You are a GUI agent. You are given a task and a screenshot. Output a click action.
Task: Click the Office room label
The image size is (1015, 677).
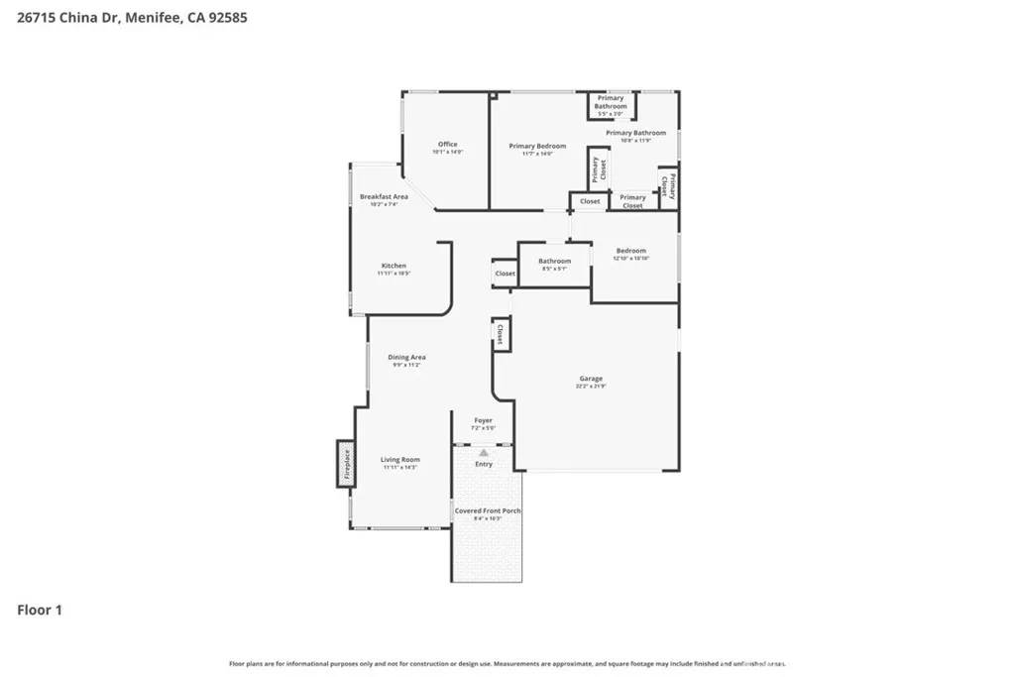point(447,145)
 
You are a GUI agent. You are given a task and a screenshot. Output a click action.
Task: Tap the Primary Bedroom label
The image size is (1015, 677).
point(537,147)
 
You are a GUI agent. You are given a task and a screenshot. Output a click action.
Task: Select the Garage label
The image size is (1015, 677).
point(591,379)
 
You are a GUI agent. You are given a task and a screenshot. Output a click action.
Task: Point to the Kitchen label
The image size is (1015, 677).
point(394,266)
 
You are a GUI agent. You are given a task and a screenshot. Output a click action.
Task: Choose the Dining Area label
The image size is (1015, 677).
point(406,358)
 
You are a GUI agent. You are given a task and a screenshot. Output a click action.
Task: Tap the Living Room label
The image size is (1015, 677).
point(400,460)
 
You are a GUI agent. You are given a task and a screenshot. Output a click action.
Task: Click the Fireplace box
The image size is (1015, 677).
point(346,464)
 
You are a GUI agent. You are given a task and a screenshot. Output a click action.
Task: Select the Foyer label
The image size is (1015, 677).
point(483,420)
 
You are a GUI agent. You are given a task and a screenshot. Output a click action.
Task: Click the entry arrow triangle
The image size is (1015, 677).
point(484,452)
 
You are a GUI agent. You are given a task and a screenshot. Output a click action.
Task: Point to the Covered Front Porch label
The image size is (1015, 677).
point(488,511)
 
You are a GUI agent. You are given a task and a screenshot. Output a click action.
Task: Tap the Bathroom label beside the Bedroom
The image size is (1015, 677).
point(554,262)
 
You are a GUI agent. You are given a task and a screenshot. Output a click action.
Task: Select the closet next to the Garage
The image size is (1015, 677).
point(501,333)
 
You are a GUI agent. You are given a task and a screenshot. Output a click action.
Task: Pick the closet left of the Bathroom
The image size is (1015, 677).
point(505,274)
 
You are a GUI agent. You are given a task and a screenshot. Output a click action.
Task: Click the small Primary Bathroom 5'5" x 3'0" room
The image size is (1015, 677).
point(611,103)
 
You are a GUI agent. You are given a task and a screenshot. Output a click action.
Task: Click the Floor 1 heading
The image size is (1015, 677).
point(40,611)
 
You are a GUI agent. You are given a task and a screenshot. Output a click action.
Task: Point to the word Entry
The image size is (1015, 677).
point(484,464)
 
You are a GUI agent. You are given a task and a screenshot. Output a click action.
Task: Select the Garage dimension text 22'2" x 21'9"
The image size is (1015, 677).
point(591,387)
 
